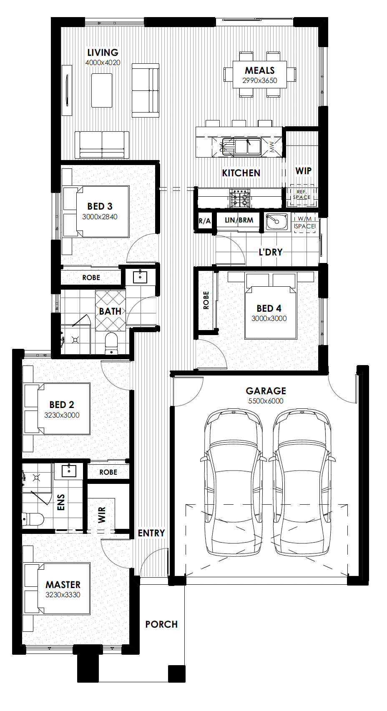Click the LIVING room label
point(103,53)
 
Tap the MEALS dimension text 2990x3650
point(259,80)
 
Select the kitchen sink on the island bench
point(241,146)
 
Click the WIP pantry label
point(303,171)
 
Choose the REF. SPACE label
point(302,195)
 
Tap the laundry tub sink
point(276,221)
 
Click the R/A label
point(205,221)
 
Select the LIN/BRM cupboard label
point(239,220)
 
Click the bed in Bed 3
point(96,211)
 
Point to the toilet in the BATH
point(111,343)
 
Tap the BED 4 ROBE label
point(206,300)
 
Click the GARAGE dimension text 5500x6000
point(266,401)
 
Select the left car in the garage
point(234,482)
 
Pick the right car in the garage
point(302,482)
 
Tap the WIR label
point(102,515)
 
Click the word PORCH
point(161,624)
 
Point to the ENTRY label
point(151,533)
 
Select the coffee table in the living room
point(102,90)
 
